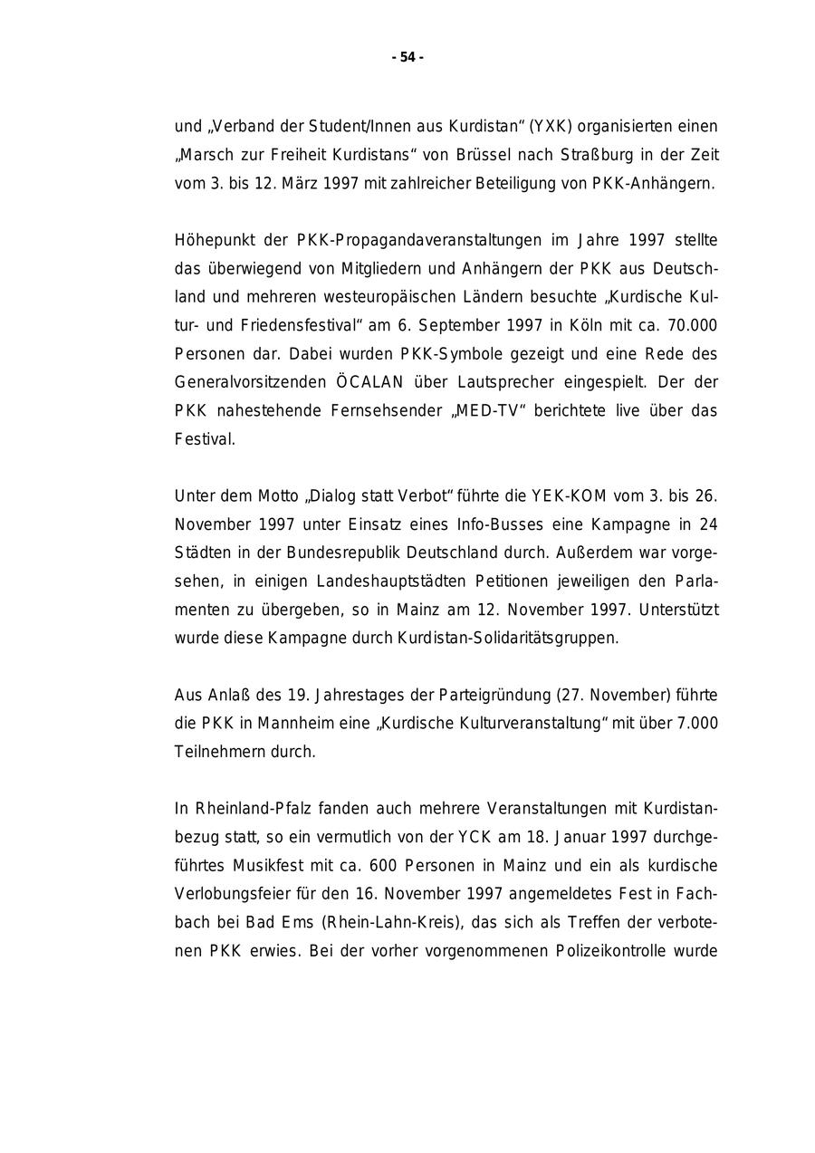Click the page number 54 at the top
(407, 57)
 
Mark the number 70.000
(693, 325)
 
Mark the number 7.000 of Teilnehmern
(695, 723)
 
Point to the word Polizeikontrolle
(613, 951)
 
